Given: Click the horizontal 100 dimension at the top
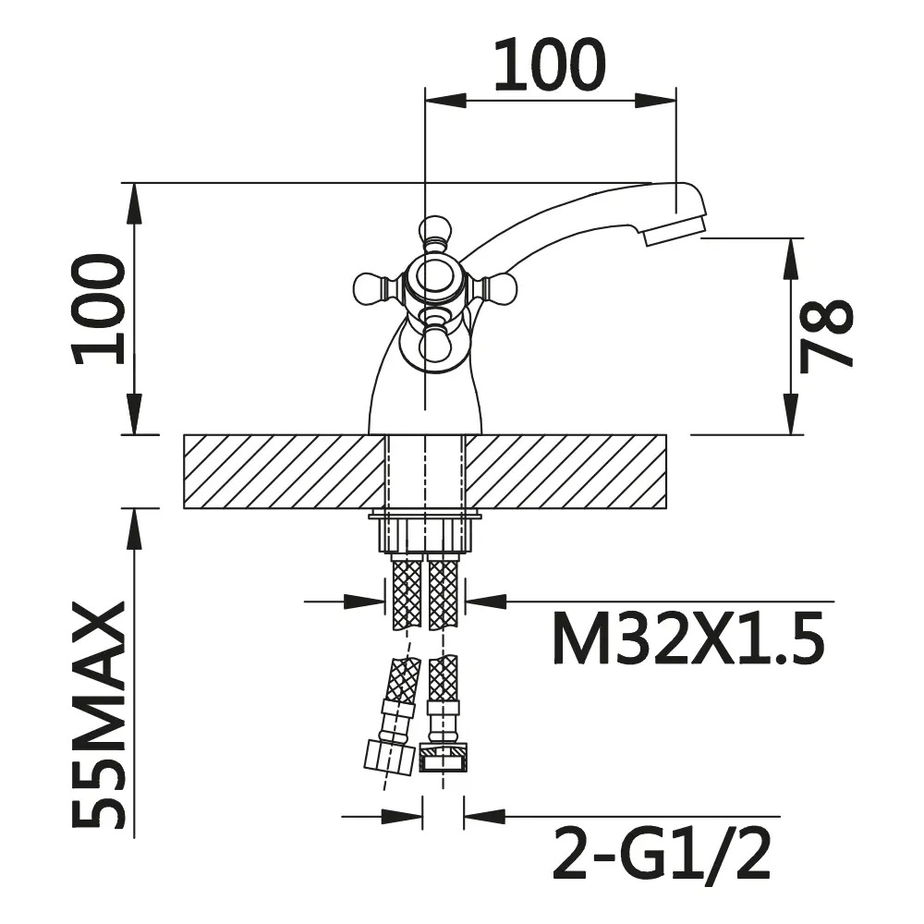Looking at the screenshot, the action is point(550,65).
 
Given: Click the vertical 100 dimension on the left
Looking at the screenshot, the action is point(99,309).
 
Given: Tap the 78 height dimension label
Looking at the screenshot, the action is point(825,336).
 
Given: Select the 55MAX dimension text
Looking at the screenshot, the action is point(99,713).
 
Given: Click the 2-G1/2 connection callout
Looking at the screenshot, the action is point(662,852).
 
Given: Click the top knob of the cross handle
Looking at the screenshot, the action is point(435,232).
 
